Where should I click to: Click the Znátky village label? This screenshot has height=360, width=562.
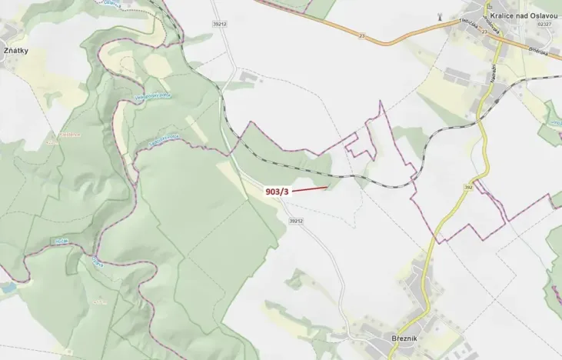tap(16, 52)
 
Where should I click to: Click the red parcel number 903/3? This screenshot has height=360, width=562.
tap(277, 192)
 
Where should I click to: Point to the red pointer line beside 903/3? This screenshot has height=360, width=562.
tap(310, 187)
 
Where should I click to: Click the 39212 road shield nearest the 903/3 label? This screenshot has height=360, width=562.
tap(297, 221)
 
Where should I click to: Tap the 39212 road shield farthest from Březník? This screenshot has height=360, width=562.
tap(220, 24)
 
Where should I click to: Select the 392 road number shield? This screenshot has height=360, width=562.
tap(468, 186)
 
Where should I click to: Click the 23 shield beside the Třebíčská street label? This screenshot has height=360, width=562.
tap(485, 33)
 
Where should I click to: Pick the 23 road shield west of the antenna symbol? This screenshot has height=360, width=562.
tap(361, 35)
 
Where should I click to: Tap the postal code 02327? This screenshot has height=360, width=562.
tap(544, 25)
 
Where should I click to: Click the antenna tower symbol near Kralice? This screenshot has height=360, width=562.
tap(438, 16)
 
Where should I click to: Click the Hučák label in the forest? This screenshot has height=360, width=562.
tap(61, 242)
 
